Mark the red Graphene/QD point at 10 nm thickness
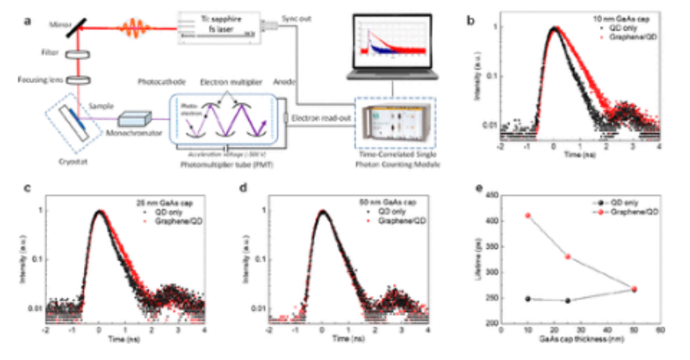[528, 216]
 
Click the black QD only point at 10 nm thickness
[528, 299]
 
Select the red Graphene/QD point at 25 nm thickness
[568, 257]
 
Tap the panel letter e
[476, 189]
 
